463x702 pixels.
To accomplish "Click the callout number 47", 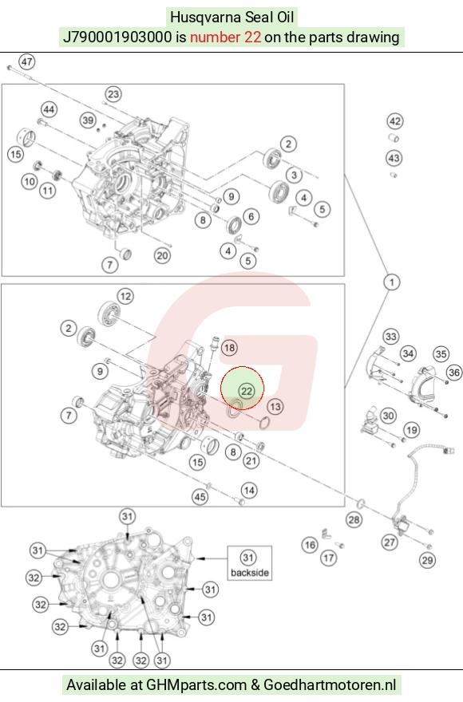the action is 27,61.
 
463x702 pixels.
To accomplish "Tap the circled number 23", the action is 113,94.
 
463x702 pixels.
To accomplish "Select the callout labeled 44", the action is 49,110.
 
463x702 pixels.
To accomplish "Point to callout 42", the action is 395,121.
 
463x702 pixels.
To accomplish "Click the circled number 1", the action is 392,282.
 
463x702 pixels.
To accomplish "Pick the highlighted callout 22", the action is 247,391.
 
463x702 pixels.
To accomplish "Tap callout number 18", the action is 229,348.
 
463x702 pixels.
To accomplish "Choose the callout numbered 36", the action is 454,372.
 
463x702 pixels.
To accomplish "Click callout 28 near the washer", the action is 354,519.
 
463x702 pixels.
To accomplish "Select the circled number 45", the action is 200,496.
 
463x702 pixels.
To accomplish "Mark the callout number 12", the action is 125,297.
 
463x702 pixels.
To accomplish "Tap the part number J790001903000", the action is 117,37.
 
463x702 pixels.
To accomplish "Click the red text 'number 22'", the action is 225,37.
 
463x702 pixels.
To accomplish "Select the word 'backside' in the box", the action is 250,573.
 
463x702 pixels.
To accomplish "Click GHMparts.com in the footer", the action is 196,684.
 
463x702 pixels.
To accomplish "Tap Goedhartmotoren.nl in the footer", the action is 330,684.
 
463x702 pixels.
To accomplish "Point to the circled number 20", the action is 162,255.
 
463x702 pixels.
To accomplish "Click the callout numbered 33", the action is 391,337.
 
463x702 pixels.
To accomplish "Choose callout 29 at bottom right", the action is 427,560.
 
